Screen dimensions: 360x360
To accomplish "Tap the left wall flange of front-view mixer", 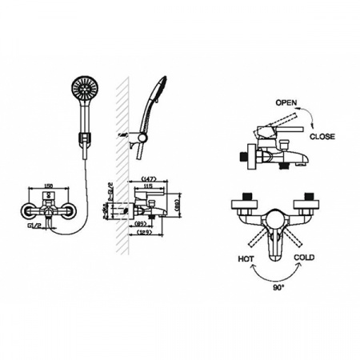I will [27, 211].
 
